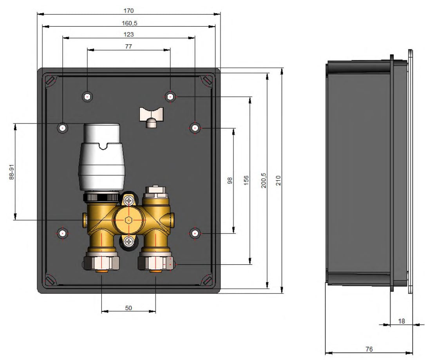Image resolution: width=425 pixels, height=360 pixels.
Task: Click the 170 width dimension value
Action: click(x=128, y=11)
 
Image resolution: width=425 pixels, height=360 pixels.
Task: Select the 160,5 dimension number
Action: click(x=130, y=24)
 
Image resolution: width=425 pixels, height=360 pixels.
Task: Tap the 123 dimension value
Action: click(x=128, y=34)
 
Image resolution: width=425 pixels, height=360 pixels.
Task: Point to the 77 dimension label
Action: click(x=128, y=47)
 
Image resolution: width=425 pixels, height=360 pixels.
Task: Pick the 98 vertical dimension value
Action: click(x=230, y=181)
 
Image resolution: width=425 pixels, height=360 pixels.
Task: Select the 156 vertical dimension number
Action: click(x=246, y=181)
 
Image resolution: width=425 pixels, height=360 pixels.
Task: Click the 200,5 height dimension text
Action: click(x=264, y=181)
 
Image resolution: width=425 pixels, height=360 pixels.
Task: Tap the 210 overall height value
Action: click(x=279, y=181)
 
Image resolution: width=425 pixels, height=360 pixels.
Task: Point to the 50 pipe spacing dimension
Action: click(x=128, y=308)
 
